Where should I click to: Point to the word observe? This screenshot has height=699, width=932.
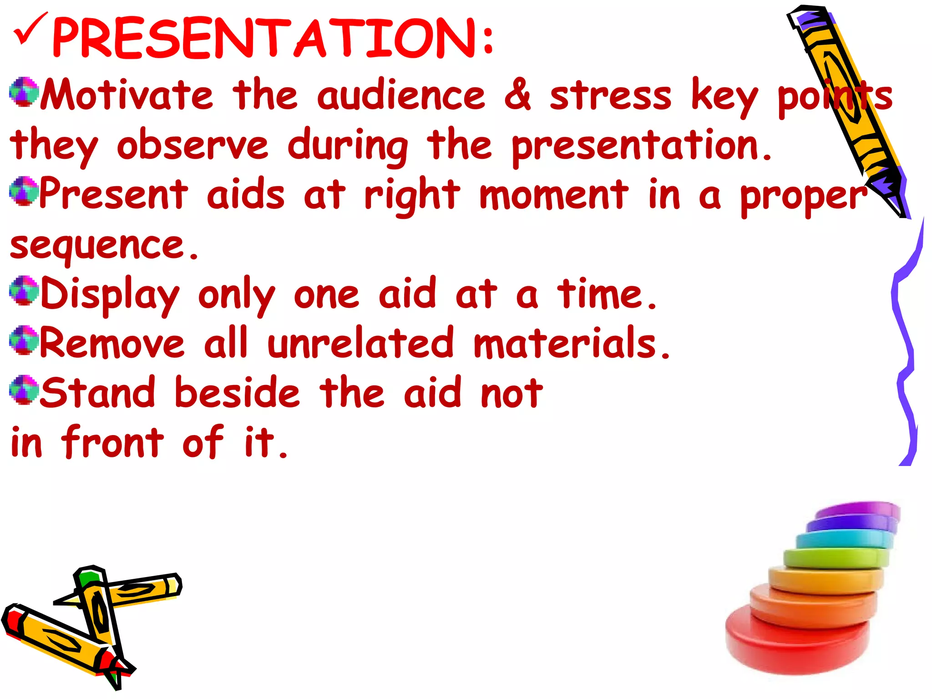coord(192,145)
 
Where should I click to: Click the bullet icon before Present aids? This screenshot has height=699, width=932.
coord(24,191)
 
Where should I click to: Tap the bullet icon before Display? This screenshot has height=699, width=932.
coord(24,290)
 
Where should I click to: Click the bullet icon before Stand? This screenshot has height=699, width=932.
coord(24,390)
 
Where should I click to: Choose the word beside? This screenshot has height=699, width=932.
coord(237,392)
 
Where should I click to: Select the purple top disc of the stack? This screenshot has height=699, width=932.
coord(860,510)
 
